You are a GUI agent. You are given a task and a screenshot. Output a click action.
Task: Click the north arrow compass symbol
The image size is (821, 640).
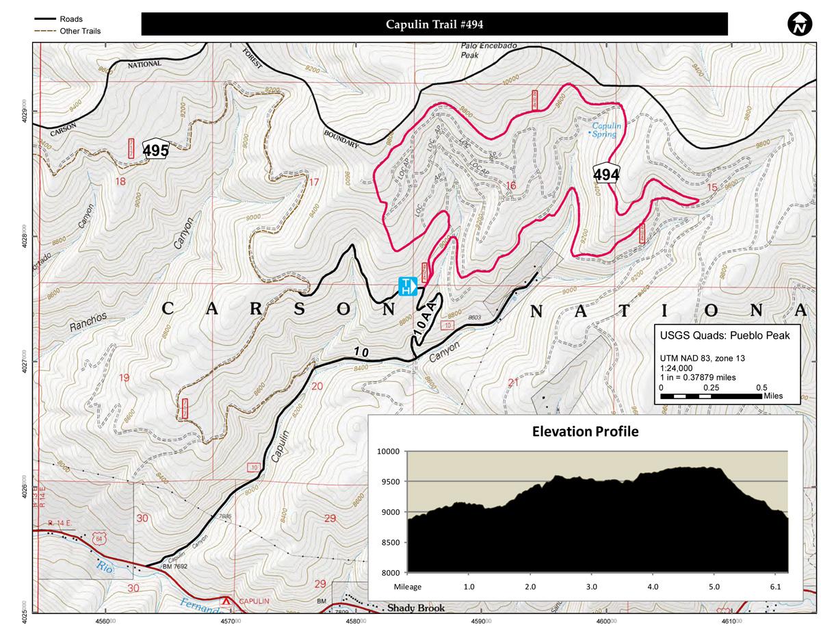[798, 24]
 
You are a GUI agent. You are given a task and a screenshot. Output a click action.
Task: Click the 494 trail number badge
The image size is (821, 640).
[606, 174]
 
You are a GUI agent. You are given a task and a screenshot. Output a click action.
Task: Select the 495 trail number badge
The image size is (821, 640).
[155, 150]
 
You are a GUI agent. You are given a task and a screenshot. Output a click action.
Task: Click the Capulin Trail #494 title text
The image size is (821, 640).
[434, 25]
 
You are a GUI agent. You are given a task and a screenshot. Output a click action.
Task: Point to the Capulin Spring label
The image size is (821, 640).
[605, 130]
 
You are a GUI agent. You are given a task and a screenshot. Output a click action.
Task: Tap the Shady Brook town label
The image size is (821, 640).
[415, 608]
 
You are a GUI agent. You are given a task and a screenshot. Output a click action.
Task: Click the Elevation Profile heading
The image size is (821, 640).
[585, 431]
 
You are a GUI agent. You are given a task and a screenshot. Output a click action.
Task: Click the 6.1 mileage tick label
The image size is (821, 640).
[776, 587]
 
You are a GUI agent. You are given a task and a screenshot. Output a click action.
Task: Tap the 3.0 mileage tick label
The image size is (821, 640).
[592, 587]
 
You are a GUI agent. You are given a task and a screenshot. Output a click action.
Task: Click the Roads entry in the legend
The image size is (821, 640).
[71, 19]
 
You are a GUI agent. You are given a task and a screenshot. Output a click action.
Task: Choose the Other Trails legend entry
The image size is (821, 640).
[80, 31]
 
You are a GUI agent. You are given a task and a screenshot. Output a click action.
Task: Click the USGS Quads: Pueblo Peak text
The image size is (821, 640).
[725, 335]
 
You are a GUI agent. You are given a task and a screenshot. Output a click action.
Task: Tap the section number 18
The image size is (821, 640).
[122, 181]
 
